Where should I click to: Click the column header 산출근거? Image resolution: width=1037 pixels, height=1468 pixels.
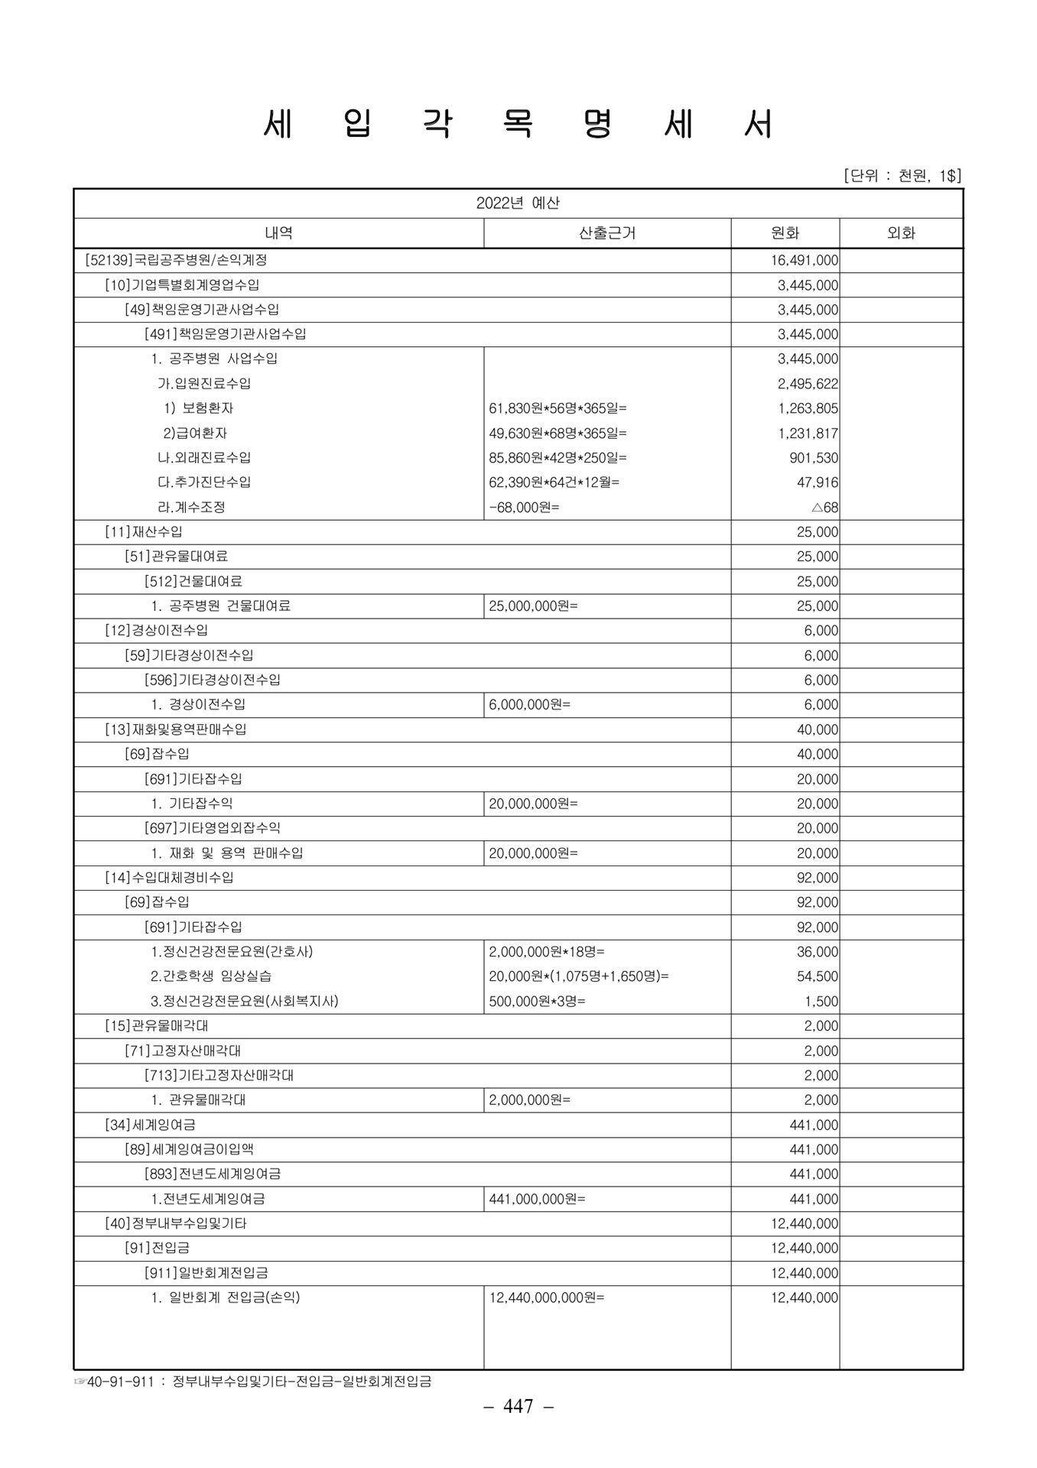pyautogui.click(x=607, y=233)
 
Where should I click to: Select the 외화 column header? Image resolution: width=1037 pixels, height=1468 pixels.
pyautogui.click(x=901, y=233)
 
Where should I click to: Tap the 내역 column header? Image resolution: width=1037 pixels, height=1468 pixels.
pyautogui.click(x=278, y=233)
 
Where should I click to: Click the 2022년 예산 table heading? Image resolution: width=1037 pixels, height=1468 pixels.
pyautogui.click(x=518, y=203)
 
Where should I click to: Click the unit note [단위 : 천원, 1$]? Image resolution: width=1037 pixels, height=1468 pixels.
pyautogui.click(x=902, y=176)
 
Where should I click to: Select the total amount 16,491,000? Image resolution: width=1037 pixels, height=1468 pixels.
pyautogui.click(x=804, y=261)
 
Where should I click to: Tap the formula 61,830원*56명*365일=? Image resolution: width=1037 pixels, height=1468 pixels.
pyautogui.click(x=558, y=408)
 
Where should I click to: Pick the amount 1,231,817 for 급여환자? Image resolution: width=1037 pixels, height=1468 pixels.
pyautogui.click(x=808, y=434)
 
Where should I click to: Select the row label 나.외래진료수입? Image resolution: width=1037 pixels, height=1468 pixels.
pyautogui.click(x=203, y=458)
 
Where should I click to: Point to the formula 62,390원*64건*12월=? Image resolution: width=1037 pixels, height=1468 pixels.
pyautogui.click(x=554, y=482)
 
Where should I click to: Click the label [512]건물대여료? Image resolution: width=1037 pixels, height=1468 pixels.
pyautogui.click(x=193, y=581)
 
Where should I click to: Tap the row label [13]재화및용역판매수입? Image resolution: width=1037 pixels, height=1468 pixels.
pyautogui.click(x=175, y=729)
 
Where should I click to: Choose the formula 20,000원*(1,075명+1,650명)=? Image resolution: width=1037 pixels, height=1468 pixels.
pyautogui.click(x=579, y=976)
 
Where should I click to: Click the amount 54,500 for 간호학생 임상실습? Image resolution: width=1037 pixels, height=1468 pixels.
pyautogui.click(x=818, y=976)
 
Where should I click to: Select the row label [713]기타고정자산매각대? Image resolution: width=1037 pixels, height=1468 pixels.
pyautogui.click(x=219, y=1075)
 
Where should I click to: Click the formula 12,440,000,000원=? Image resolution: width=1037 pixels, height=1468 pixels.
pyautogui.click(x=546, y=1297)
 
